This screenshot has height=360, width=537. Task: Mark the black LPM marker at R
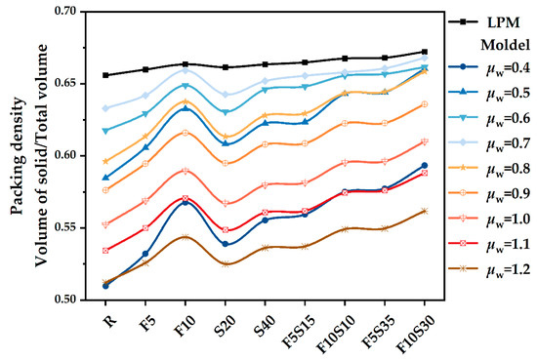pyautogui.click(x=105, y=75)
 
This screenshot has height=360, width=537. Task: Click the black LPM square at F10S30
pyautogui.click(x=424, y=52)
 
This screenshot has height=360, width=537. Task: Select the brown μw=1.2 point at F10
pyautogui.click(x=186, y=237)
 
